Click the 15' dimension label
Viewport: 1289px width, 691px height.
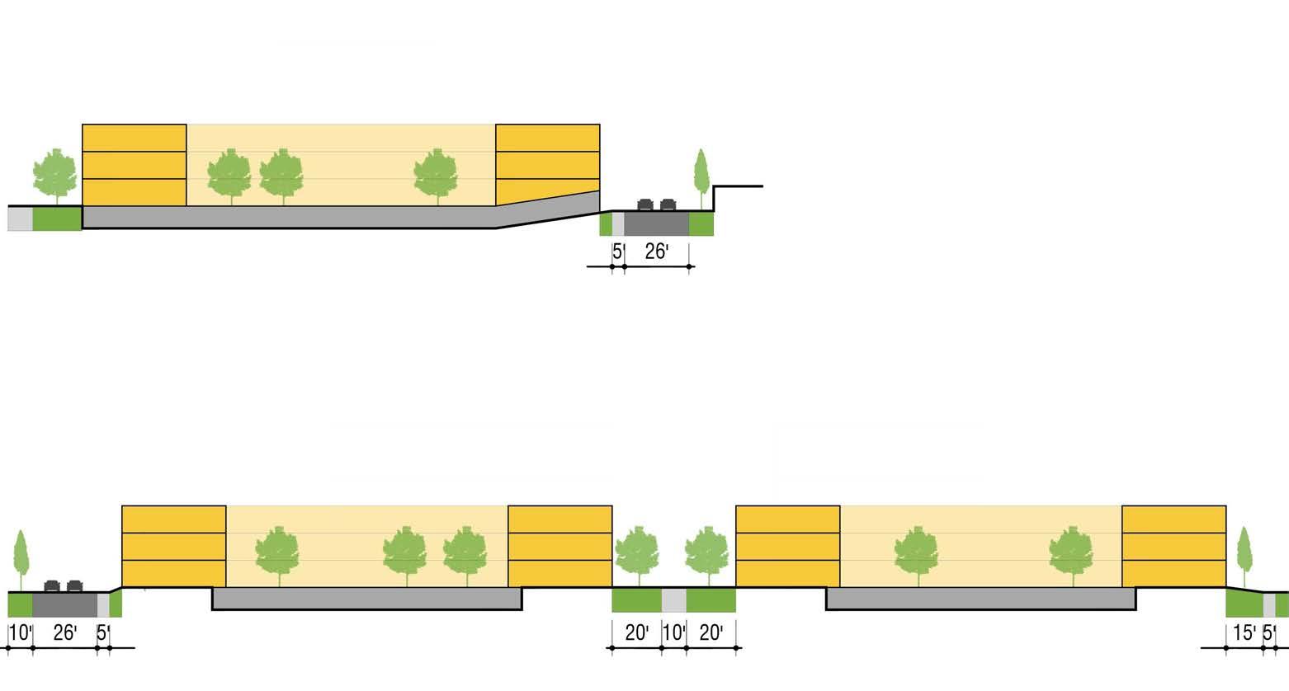(x=1244, y=633)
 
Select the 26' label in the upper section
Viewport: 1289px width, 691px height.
(x=656, y=251)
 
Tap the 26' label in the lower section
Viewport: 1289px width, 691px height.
(x=64, y=633)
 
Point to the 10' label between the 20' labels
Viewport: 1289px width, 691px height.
(x=674, y=633)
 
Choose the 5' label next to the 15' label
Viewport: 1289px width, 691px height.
(x=1270, y=633)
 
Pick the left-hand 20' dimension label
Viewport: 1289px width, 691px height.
(x=636, y=633)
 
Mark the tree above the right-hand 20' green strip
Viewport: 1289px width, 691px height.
(x=707, y=553)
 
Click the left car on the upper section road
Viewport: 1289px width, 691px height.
(x=645, y=204)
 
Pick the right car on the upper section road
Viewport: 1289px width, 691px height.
(x=668, y=204)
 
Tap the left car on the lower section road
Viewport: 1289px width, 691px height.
(x=52, y=585)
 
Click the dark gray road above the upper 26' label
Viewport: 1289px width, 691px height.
(x=656, y=223)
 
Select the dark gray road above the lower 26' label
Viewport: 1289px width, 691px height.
(x=64, y=604)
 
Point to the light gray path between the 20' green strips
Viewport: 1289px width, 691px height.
(x=674, y=600)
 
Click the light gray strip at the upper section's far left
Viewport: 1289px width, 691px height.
(x=20, y=219)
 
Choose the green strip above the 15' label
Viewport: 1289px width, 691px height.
(x=1244, y=604)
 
